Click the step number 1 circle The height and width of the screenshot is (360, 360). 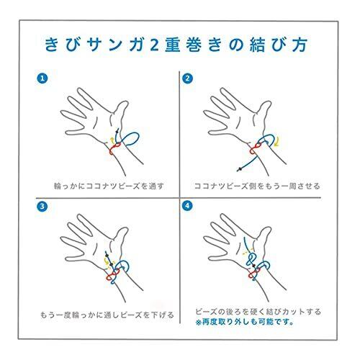[x=42, y=78]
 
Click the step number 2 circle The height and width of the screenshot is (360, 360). [x=187, y=78]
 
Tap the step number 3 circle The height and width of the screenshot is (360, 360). [x=42, y=207]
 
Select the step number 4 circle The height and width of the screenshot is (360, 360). [x=187, y=206]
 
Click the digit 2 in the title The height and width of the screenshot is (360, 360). [x=154, y=45]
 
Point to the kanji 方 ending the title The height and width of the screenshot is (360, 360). [x=300, y=45]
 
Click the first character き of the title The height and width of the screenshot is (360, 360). [x=52, y=45]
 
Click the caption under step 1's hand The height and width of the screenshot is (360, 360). [x=109, y=186]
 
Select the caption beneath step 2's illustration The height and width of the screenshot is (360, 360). [x=257, y=186]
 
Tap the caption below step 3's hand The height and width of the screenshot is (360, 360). [x=107, y=315]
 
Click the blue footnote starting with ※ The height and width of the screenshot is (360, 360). [x=244, y=322]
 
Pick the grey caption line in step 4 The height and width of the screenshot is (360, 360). [x=258, y=312]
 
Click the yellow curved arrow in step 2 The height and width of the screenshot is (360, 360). [x=278, y=141]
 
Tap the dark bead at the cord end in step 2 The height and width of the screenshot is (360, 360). [x=239, y=170]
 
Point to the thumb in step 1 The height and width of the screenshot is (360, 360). [x=121, y=111]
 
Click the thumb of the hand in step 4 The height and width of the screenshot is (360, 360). [x=264, y=237]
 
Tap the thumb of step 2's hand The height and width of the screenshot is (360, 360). [x=264, y=111]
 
